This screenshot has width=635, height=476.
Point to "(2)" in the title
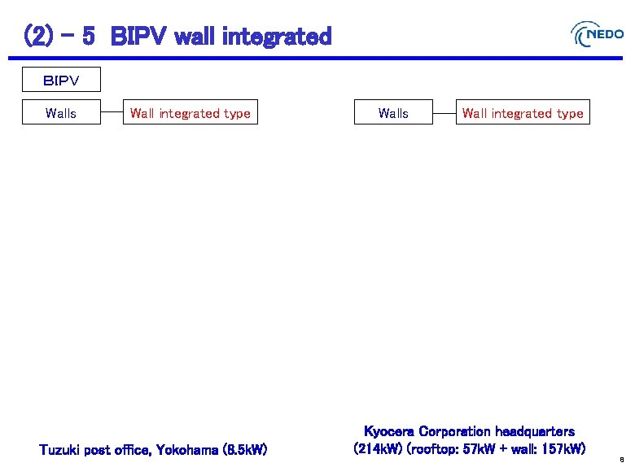pos(38,37)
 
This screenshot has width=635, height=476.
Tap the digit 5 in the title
pos(89,37)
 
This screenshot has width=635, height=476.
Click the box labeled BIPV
pos(61,81)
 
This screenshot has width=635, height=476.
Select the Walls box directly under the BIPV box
pos(61,113)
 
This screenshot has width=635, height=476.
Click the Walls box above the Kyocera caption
pos(393,113)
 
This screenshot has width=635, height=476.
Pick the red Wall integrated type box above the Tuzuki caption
pos(190,113)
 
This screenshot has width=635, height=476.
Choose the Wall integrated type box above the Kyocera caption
pos(523,113)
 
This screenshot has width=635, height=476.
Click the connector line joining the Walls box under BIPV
pos(111,113)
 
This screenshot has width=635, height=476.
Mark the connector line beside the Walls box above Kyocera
pos(444,113)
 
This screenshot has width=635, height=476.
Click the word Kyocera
pos(388,431)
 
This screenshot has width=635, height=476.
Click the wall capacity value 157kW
pos(562,448)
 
